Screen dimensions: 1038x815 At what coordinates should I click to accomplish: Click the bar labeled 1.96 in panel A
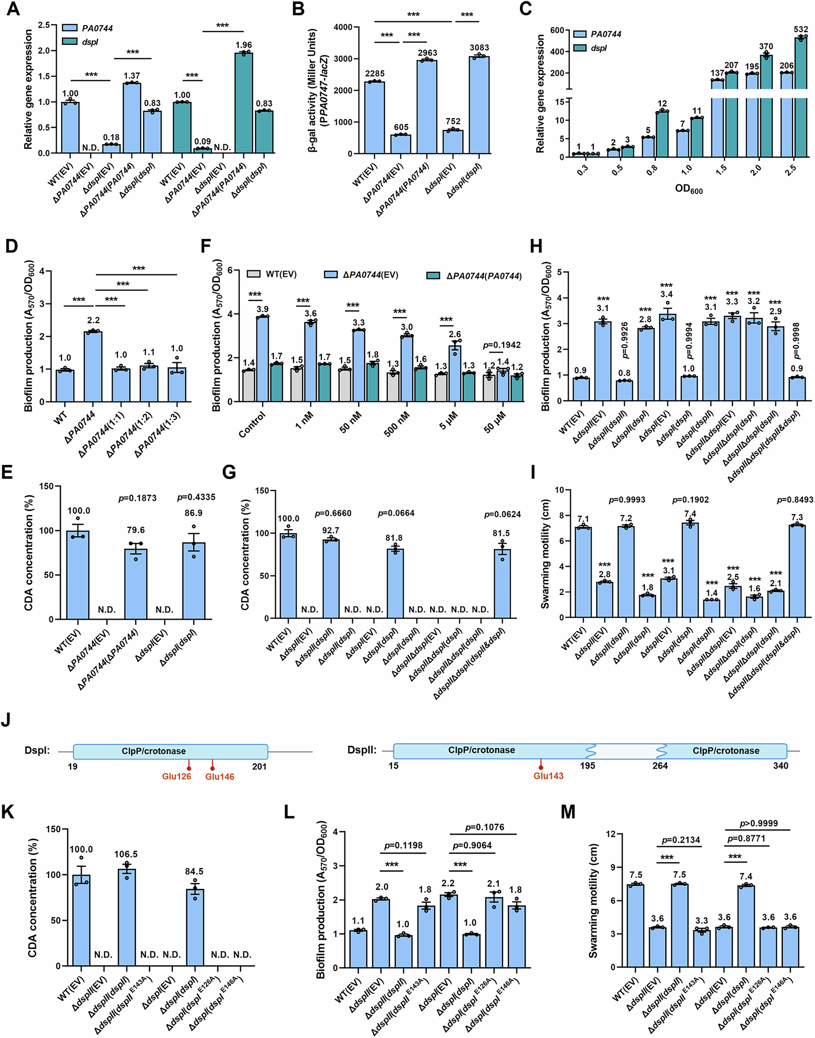click(x=243, y=103)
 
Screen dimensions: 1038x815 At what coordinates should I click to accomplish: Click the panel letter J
click(x=6, y=719)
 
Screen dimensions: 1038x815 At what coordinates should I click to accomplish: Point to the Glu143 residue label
click(x=548, y=776)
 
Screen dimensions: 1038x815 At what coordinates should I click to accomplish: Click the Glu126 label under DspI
click(x=176, y=776)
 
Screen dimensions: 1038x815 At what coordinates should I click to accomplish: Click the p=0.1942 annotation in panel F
click(x=502, y=345)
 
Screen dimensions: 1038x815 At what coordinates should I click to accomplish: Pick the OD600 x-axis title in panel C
click(x=688, y=189)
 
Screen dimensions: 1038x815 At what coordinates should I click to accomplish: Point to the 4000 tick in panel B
click(x=343, y=27)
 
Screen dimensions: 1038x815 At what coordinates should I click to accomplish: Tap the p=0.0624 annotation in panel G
click(x=502, y=514)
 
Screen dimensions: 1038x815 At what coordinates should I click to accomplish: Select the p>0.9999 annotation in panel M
click(x=758, y=823)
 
